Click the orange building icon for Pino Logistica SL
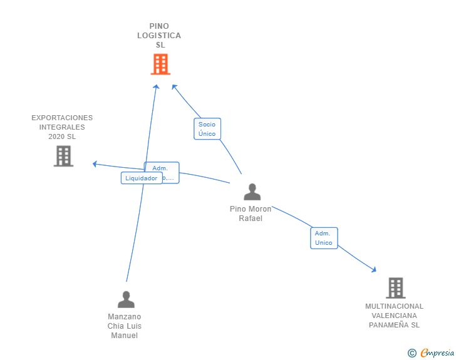click(x=160, y=64)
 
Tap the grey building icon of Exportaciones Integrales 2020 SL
click(x=63, y=156)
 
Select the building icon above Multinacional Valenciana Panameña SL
click(x=395, y=288)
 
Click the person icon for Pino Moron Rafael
click(x=252, y=192)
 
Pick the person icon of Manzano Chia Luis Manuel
click(x=126, y=299)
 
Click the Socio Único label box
click(x=207, y=129)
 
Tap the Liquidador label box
click(x=141, y=178)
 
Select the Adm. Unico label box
click(x=324, y=238)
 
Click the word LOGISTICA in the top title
click(x=159, y=36)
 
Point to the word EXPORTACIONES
click(x=62, y=118)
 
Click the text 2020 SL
click(x=62, y=136)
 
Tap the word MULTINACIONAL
click(x=394, y=306)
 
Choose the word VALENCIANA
click(x=394, y=316)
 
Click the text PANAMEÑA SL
click(x=394, y=325)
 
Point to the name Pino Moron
click(x=251, y=209)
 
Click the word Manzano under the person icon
click(x=125, y=317)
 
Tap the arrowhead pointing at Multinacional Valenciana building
click(x=374, y=270)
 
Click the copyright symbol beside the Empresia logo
click(x=412, y=353)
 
